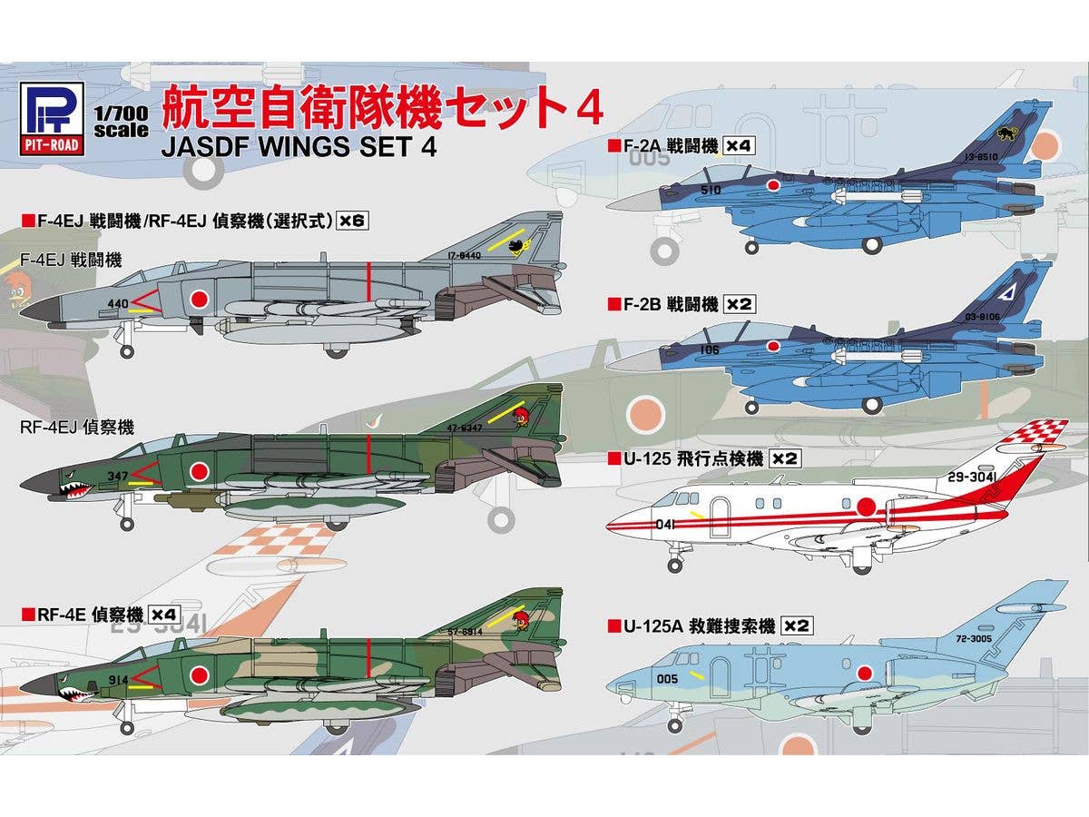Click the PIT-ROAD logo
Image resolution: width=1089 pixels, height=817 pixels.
[51, 117]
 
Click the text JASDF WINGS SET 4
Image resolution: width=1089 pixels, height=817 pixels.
[299, 146]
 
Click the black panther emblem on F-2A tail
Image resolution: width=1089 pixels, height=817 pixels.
[1006, 134]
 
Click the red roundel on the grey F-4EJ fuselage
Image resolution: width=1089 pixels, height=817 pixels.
[198, 298]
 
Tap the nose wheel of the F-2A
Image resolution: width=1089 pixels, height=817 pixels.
[752, 247]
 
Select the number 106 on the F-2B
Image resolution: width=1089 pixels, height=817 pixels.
[710, 348]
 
